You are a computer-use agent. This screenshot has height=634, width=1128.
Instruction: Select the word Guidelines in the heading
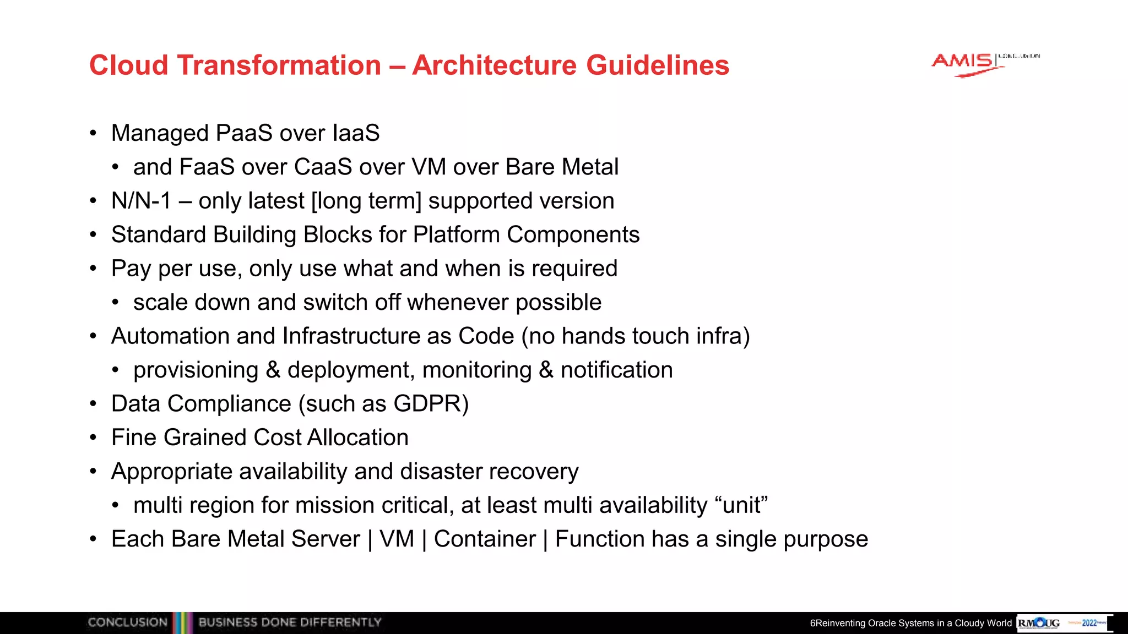coord(658,65)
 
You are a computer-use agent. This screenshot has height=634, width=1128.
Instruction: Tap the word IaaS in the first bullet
coord(356,133)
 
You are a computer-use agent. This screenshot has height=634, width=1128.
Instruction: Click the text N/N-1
coord(141,201)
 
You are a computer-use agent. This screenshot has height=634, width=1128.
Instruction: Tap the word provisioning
coord(196,370)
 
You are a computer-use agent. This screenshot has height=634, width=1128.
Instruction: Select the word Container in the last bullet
coord(485,539)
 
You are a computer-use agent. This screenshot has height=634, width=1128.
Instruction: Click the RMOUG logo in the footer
coord(1039,623)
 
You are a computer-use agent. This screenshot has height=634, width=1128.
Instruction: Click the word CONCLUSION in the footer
coord(127,622)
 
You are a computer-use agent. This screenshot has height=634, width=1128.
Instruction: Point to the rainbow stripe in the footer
coord(182,622)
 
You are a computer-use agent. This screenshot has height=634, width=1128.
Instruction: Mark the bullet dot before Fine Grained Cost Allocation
coord(94,438)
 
